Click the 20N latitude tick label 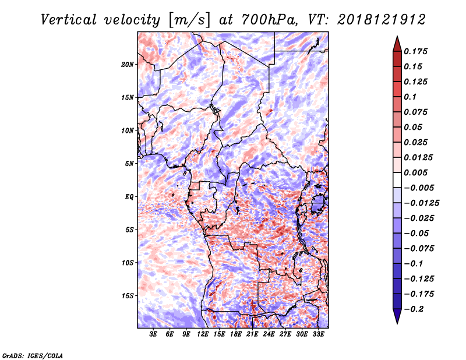pyautogui.click(x=127, y=65)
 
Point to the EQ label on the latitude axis pyautogui.click(x=129, y=197)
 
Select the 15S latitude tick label pyautogui.click(x=128, y=296)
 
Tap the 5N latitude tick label pyautogui.click(x=129, y=164)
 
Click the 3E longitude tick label pyautogui.click(x=153, y=334)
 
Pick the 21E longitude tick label pyautogui.click(x=252, y=334)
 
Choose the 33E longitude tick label pyautogui.click(x=318, y=334)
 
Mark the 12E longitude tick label pyautogui.click(x=203, y=334)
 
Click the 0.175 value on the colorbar pyautogui.click(x=415, y=51)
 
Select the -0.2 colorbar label pyautogui.click(x=414, y=309)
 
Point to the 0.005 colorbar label pyautogui.click(x=415, y=172)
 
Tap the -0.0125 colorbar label pyautogui.click(x=421, y=203)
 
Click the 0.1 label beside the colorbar pyautogui.click(x=410, y=97)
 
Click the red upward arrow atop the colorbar pyautogui.click(x=397, y=44)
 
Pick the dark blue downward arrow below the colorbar pyautogui.click(x=397, y=316)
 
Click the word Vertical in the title pyautogui.click(x=69, y=20)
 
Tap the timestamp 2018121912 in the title pyautogui.click(x=382, y=20)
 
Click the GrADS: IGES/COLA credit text pyautogui.click(x=33, y=355)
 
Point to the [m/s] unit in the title pyautogui.click(x=189, y=20)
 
